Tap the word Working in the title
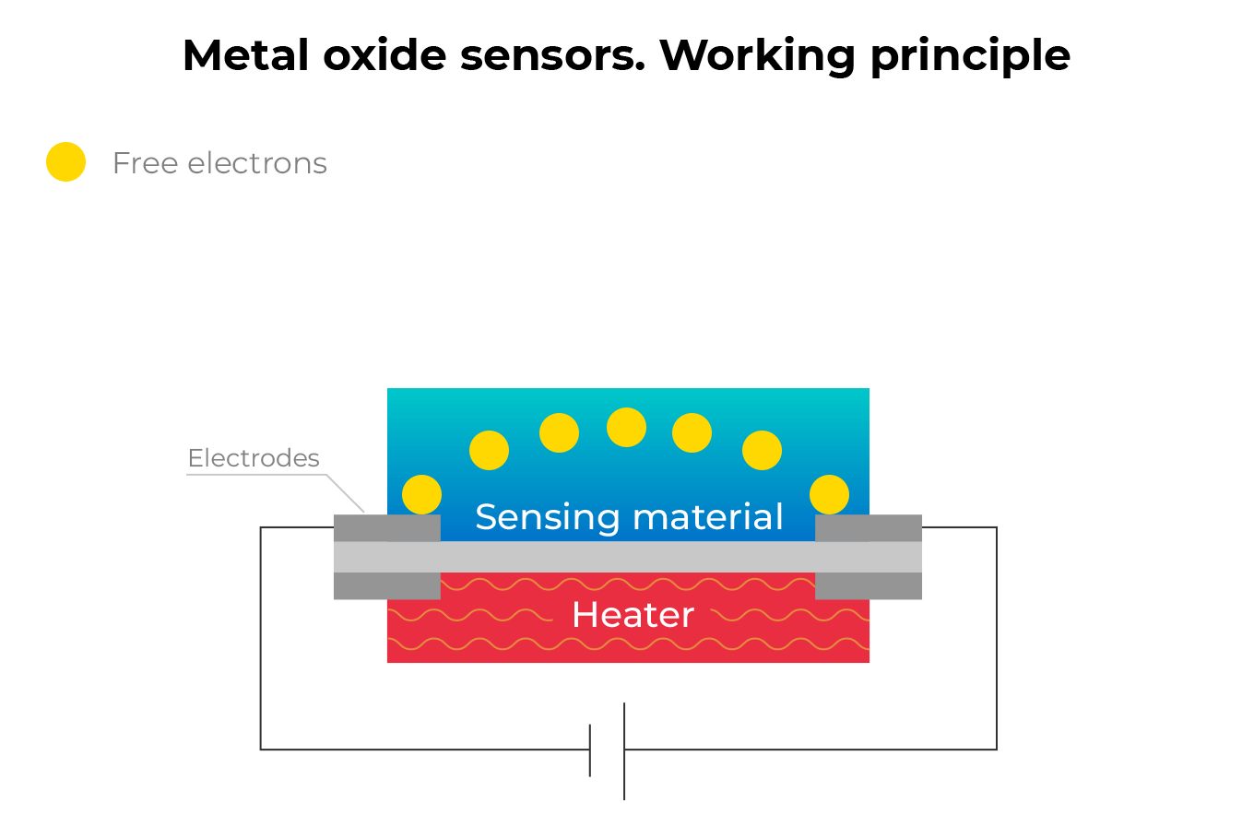pos(758,57)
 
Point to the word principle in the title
pos(970,57)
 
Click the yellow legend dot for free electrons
pos(66,162)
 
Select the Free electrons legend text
pos(219,163)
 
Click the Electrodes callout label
pos(254,458)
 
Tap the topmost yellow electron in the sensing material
pos(626,427)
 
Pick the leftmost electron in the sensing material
pos(421,494)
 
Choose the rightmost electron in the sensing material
pos(829,494)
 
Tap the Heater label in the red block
pos(633,615)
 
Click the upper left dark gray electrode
pos(386,527)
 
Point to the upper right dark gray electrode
pos(869,527)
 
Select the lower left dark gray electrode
pos(386,585)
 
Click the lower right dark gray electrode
pos(869,585)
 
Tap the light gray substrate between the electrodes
pos(628,556)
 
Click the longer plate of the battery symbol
pos(624,751)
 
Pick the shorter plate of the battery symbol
pos(590,750)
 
